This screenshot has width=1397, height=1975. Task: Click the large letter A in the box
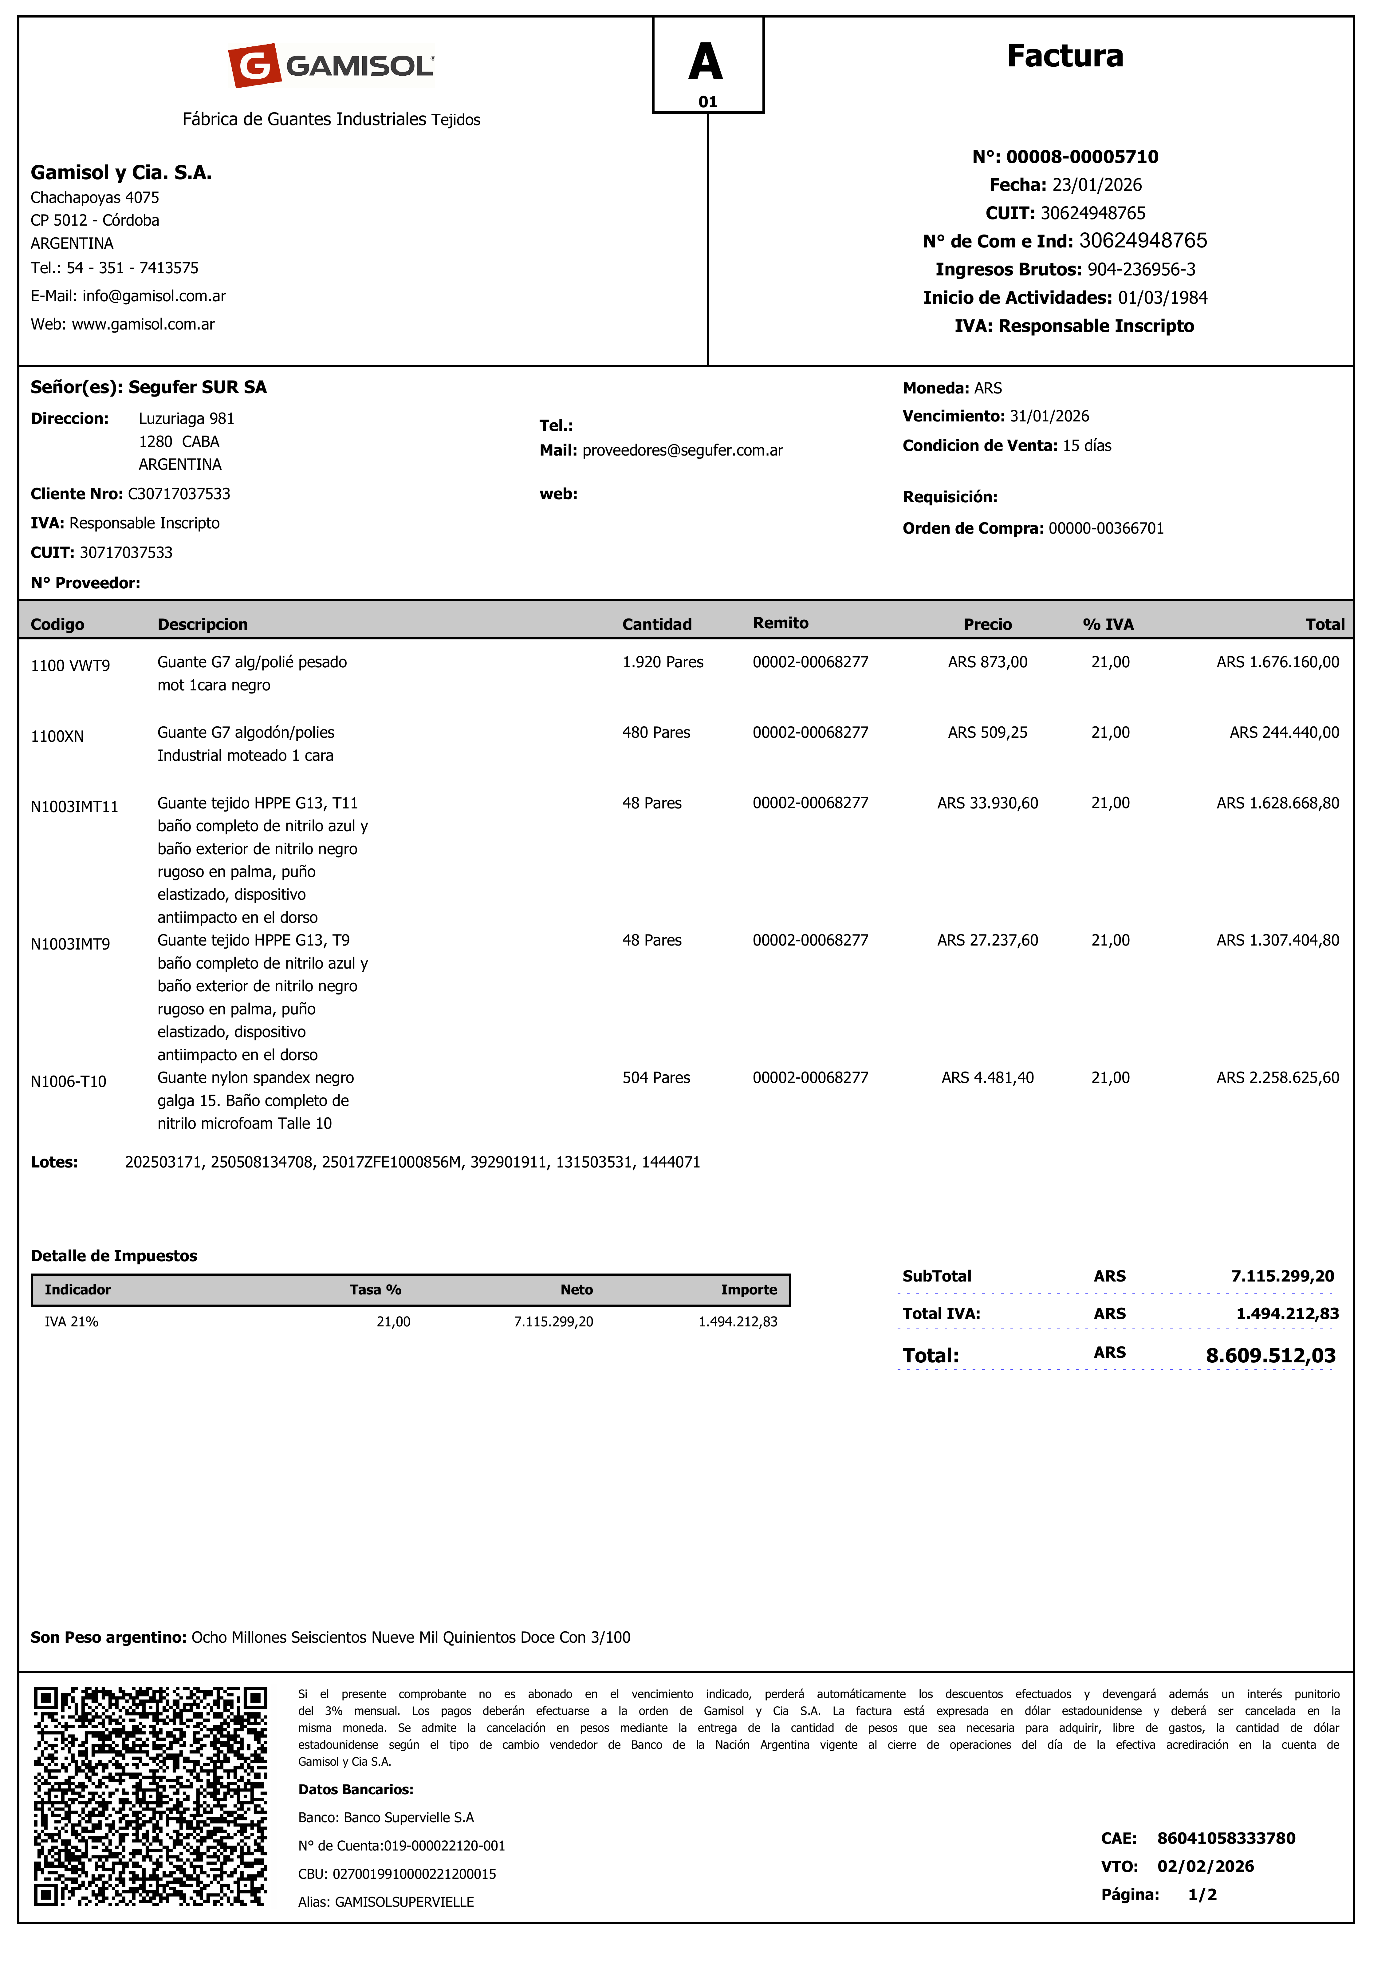(x=706, y=62)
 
